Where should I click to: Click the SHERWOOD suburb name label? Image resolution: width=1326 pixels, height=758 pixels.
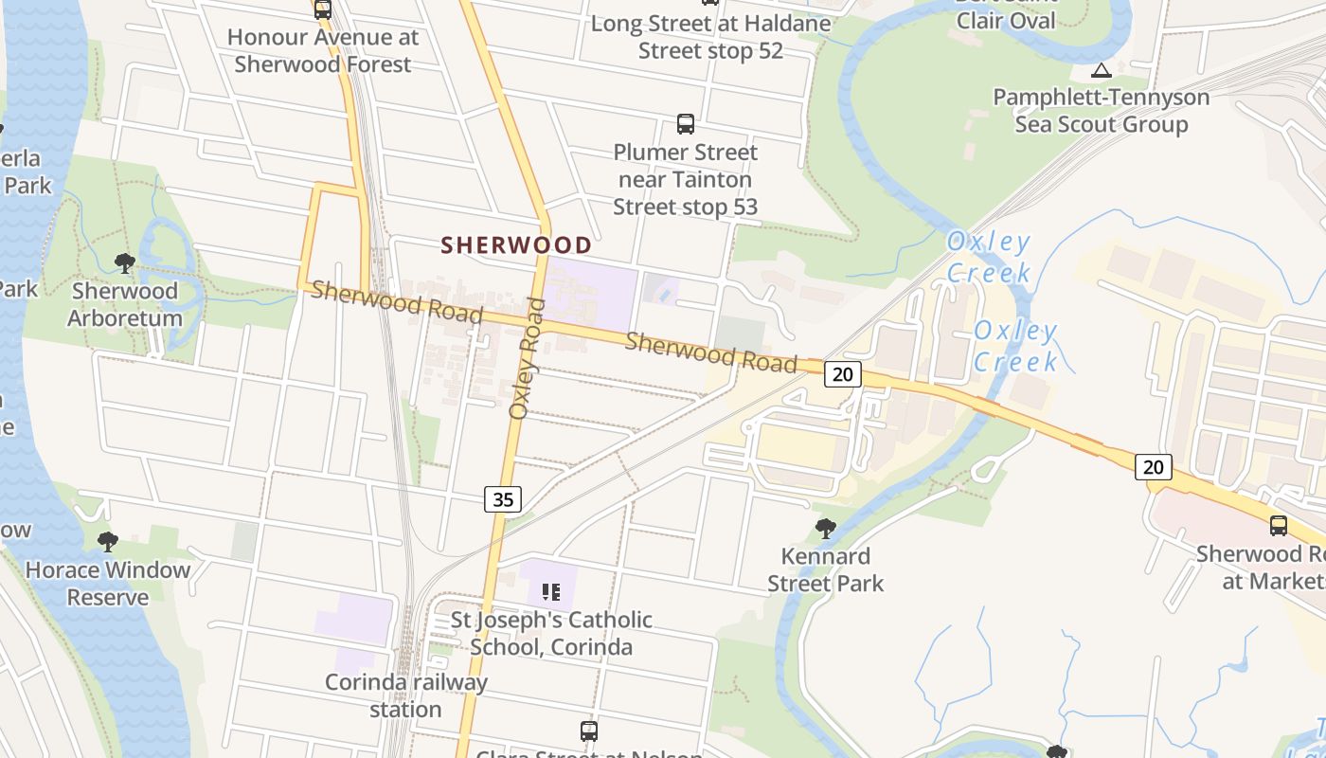point(516,245)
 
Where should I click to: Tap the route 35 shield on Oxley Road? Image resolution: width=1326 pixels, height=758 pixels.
point(503,498)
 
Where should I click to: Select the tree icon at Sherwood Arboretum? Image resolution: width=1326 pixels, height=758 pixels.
point(124,263)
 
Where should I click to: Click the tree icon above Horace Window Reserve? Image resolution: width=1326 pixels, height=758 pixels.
point(108,542)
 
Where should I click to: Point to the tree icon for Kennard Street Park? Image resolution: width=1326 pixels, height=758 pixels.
point(826,528)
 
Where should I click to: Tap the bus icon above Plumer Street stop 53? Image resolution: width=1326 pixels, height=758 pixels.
point(686,123)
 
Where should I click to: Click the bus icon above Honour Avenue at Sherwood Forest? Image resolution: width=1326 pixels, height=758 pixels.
point(323,9)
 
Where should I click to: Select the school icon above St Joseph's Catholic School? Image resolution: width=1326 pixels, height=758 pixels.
point(550,593)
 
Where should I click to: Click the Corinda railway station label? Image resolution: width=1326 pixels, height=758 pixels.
point(405,695)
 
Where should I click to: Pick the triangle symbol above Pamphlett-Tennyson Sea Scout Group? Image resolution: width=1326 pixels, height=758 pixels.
point(1101,70)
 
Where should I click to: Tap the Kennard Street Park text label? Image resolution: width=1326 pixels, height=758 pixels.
point(826,569)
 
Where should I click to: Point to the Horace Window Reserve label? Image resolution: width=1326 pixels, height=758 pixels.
point(108,584)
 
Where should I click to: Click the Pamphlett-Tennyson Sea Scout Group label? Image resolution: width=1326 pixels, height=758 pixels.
point(1102,111)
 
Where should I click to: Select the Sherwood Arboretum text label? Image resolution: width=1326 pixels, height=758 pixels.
point(124,304)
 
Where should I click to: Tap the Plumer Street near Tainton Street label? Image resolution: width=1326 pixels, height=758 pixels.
point(686,179)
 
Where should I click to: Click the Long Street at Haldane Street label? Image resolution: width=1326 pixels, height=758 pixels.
point(710,37)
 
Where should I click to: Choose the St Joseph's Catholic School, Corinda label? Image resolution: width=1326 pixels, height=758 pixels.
point(551,633)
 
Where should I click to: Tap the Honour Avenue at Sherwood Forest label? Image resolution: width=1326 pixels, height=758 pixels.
point(323,51)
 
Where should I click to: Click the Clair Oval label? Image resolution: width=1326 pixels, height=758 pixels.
point(1006,19)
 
